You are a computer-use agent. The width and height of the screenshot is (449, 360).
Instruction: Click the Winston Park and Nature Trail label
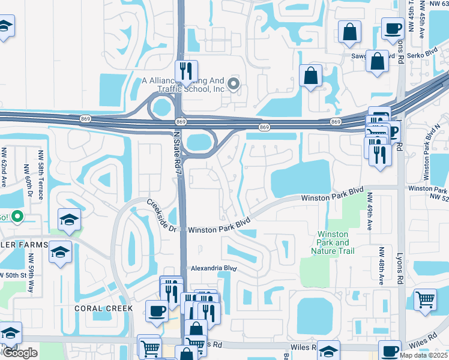pos(333,242)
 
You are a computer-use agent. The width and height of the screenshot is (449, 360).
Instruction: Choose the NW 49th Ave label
pos(370,211)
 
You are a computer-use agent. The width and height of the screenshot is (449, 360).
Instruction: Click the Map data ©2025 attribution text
pos(424,355)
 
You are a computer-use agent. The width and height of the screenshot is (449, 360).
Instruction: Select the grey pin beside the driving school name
pos(234,84)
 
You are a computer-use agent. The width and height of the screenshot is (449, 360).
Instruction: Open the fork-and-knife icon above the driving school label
pos(186,71)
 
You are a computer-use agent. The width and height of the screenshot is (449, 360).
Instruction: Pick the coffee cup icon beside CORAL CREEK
pos(157,311)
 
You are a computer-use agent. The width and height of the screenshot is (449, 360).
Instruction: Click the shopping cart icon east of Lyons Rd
pos(425,299)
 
